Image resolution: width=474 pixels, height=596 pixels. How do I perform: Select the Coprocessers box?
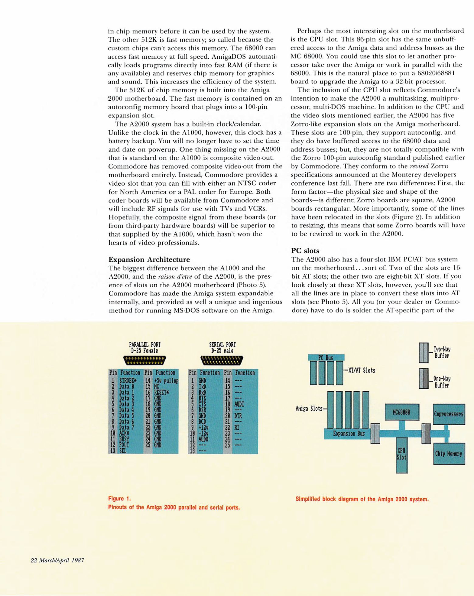(x=449, y=414)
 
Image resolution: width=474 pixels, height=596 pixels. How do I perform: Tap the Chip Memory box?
(x=449, y=454)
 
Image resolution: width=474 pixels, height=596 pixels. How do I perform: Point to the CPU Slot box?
(x=402, y=454)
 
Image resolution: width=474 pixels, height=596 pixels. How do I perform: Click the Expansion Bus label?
(x=349, y=433)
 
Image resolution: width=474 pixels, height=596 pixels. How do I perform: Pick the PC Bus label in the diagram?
(x=326, y=358)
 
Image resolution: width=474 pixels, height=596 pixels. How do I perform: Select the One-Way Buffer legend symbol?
(x=423, y=379)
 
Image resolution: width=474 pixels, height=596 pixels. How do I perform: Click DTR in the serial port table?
(x=238, y=416)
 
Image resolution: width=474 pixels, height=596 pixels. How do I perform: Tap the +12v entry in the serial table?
(x=203, y=427)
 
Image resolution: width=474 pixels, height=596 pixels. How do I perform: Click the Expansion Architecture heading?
(x=149, y=259)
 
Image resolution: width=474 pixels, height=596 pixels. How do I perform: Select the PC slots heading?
(x=305, y=251)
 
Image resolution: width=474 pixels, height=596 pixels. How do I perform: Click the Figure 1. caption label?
(x=120, y=498)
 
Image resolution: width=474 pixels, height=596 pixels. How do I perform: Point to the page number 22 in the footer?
(x=34, y=560)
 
